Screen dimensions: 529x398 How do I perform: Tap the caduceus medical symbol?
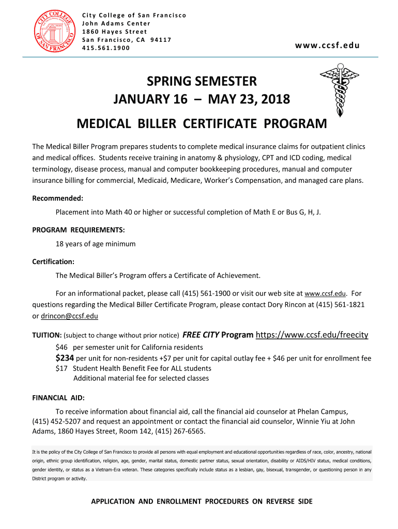coord(339,90)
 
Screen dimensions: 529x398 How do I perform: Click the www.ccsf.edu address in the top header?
coord(327,45)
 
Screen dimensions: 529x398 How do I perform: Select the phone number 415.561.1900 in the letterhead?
coord(106,48)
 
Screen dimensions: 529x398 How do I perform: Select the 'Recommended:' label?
coord(58,198)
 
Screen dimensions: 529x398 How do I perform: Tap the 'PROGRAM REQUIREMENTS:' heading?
coord(79,229)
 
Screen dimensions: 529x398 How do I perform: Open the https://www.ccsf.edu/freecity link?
coord(312,335)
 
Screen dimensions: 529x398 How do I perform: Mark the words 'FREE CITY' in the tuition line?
coord(201,335)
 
